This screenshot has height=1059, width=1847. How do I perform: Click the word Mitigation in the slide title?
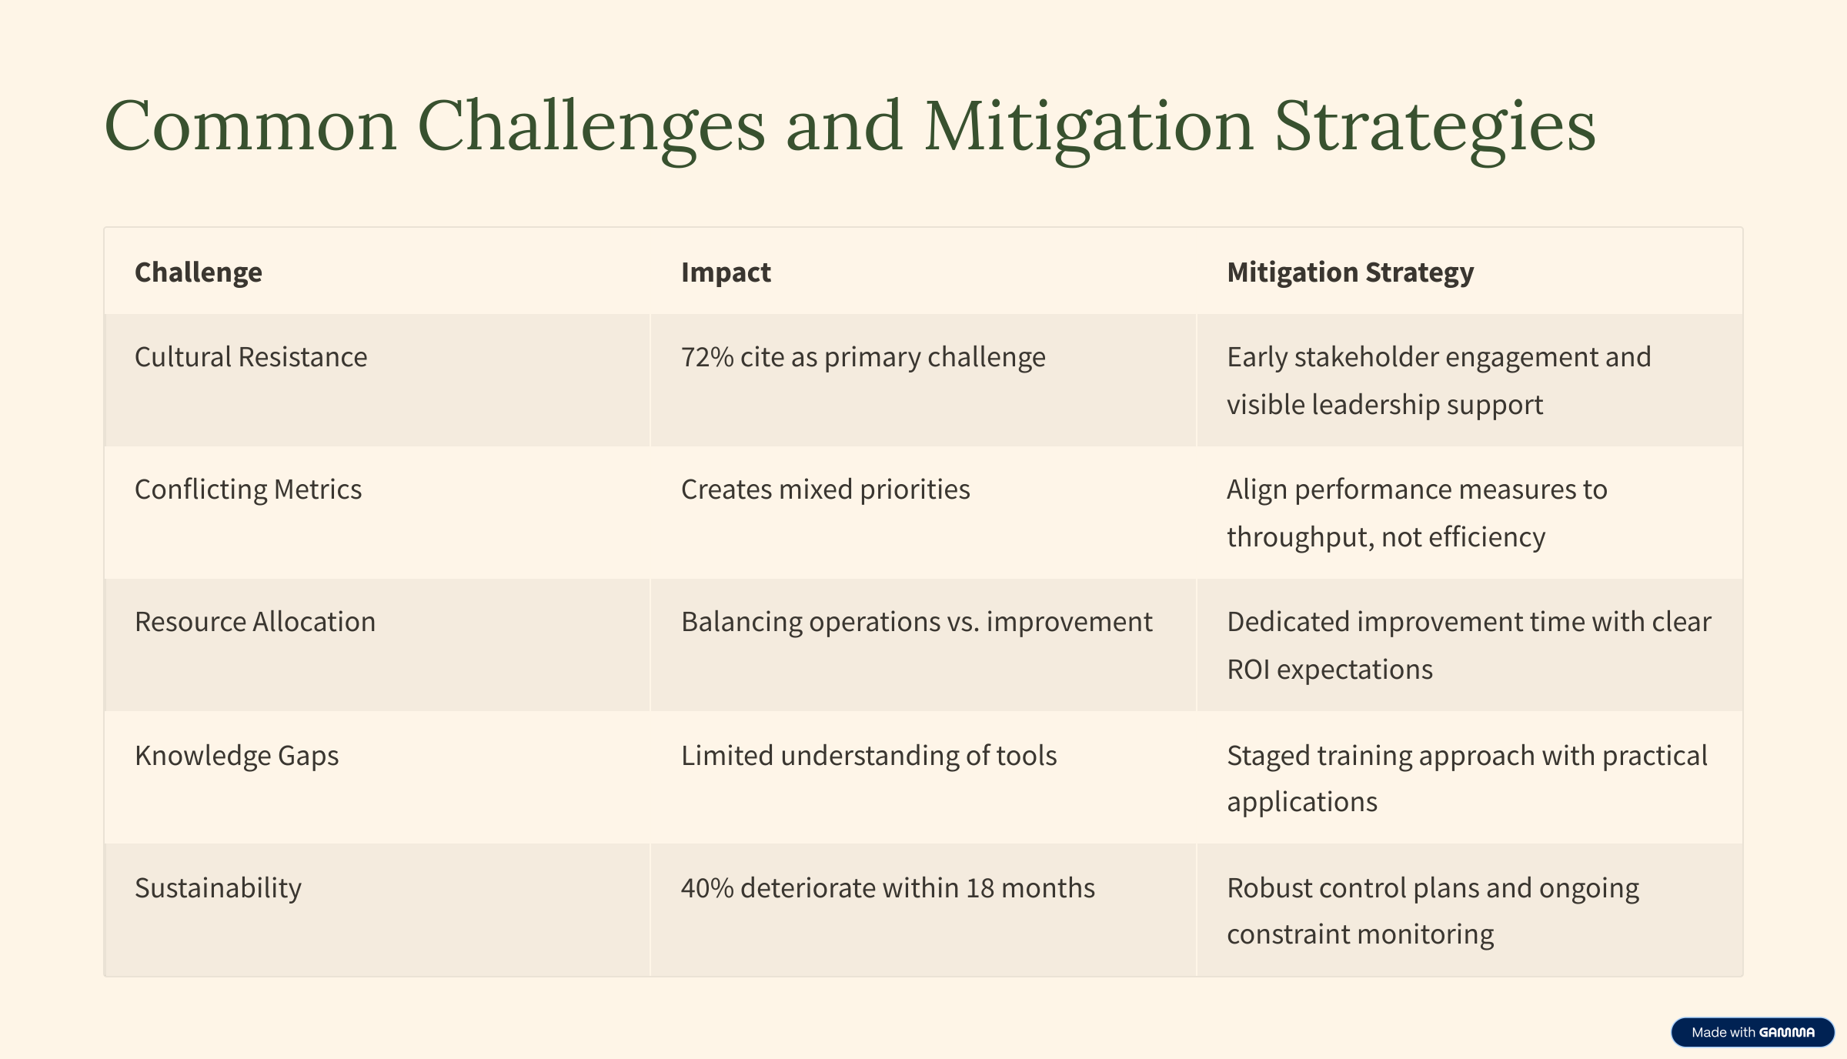(x=1089, y=127)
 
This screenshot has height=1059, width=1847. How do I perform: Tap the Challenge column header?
(x=199, y=272)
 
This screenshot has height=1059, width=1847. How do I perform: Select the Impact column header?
(x=726, y=272)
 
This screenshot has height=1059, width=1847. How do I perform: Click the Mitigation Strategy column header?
(x=1351, y=272)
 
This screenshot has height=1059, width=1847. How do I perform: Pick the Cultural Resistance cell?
(x=251, y=357)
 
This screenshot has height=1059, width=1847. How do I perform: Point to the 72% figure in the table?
(x=707, y=357)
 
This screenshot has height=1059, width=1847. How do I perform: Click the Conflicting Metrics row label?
(x=248, y=489)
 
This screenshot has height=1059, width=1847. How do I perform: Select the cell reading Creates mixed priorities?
(x=825, y=489)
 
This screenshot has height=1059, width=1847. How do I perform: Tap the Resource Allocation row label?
(x=255, y=622)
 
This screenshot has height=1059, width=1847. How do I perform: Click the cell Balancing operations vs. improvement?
(x=917, y=622)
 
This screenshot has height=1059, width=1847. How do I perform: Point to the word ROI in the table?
(x=1248, y=670)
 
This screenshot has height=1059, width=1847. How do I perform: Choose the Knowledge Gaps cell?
(x=236, y=756)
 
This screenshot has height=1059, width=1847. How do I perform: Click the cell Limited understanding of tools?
(x=869, y=756)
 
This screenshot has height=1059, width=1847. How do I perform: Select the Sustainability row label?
(x=218, y=888)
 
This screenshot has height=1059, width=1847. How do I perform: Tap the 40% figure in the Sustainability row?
(x=707, y=888)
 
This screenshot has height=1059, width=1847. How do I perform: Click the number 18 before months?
(x=980, y=888)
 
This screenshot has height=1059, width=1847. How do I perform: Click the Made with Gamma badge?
(x=1752, y=1032)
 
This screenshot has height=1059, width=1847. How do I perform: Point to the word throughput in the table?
(x=1300, y=537)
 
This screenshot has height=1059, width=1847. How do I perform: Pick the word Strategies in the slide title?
(x=1435, y=127)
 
